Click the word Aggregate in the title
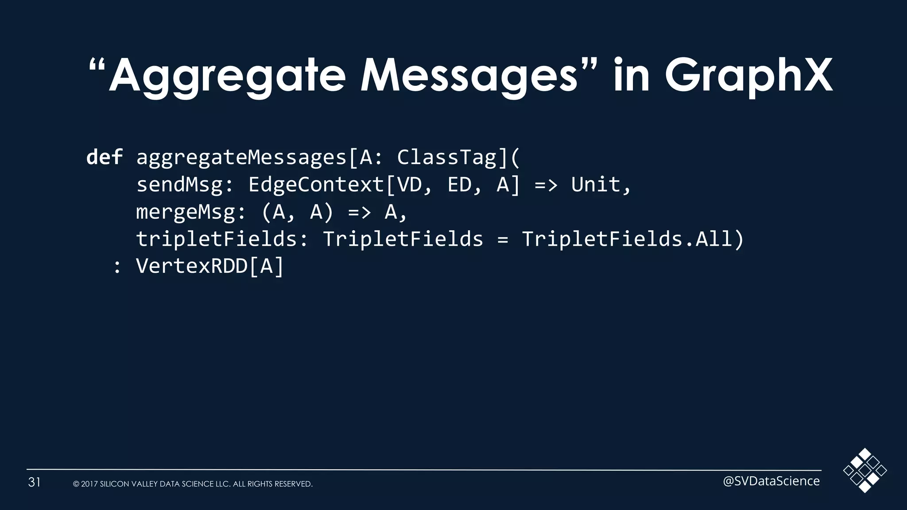[227, 76]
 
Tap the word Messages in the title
[469, 76]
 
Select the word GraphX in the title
[748, 76]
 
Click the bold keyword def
[105, 157]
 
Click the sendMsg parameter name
[179, 185]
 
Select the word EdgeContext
[316, 185]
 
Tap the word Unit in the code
[596, 185]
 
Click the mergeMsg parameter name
[186, 212]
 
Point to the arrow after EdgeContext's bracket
[546, 185]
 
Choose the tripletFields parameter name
[217, 240]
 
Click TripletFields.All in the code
[627, 240]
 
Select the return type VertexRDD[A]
[209, 267]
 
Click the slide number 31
[35, 482]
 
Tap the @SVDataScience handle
[771, 481]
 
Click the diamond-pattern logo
[864, 470]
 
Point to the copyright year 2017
[89, 484]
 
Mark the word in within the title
[631, 76]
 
